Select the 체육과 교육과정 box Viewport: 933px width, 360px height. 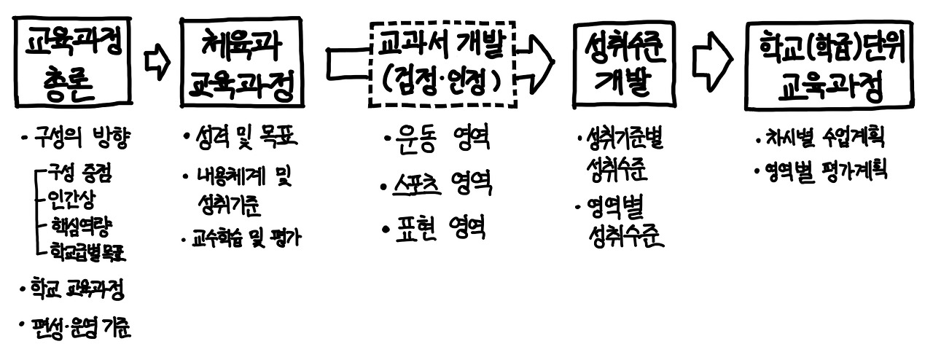(x=241, y=63)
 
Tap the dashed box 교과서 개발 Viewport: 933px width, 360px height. (x=442, y=64)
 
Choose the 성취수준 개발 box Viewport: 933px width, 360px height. (x=620, y=64)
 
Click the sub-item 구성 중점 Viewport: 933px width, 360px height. (x=80, y=173)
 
